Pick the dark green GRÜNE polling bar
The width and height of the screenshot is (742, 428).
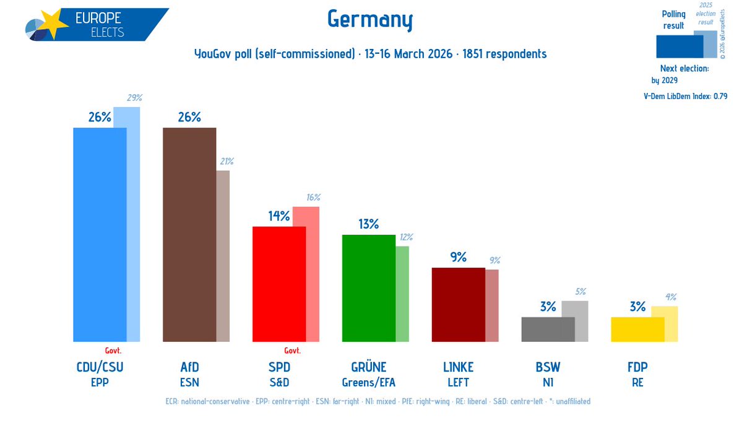(x=368, y=288)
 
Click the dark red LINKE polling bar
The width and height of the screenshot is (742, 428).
(x=458, y=304)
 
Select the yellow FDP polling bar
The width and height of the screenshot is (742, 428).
(x=637, y=329)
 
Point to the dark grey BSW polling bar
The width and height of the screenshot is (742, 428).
(x=548, y=329)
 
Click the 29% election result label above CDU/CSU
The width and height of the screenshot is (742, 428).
(x=135, y=98)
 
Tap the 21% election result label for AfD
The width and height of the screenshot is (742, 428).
(x=225, y=162)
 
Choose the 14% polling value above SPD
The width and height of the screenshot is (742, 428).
(x=278, y=216)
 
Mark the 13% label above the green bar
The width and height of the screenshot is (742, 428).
(x=368, y=224)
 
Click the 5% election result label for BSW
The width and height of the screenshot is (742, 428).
(x=580, y=292)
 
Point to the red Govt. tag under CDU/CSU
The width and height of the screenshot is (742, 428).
(x=113, y=350)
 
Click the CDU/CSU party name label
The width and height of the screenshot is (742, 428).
(x=99, y=367)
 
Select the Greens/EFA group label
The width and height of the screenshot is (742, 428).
(x=368, y=382)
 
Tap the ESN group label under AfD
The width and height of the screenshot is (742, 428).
(x=189, y=382)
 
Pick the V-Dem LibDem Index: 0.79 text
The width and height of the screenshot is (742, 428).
(x=685, y=96)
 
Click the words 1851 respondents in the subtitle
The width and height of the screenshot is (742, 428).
(x=508, y=54)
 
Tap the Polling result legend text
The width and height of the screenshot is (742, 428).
(x=673, y=20)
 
